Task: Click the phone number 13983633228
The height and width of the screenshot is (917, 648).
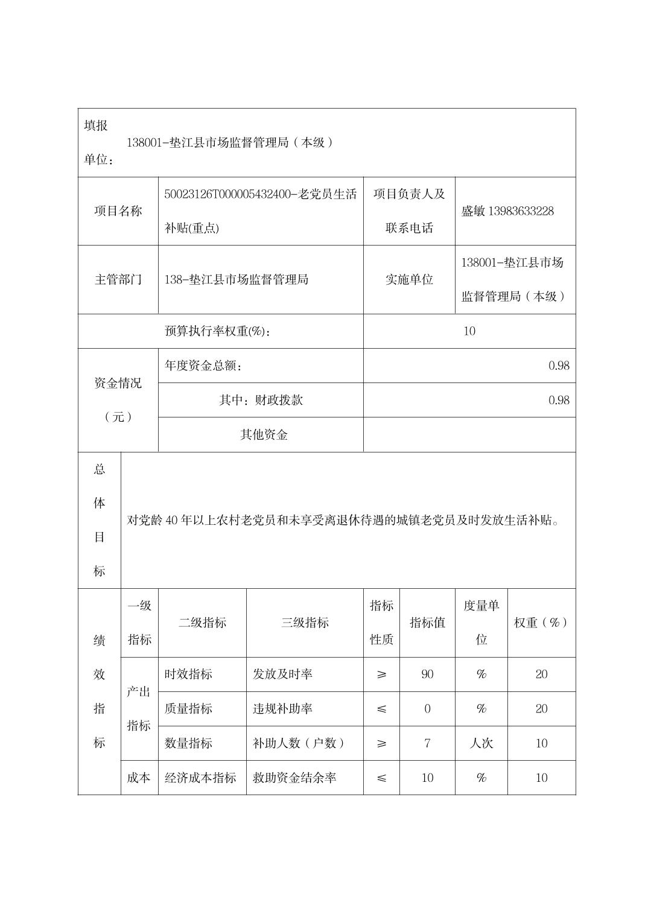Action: [x=521, y=211]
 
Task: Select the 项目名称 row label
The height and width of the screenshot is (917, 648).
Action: [x=118, y=211]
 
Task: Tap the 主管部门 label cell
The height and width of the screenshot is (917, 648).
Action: [x=118, y=279]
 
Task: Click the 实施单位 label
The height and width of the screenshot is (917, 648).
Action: [x=409, y=279]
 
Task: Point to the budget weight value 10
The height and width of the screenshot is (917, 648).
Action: [x=469, y=331]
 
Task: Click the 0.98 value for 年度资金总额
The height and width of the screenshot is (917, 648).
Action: [x=559, y=366]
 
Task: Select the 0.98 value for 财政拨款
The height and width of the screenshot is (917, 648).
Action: [x=559, y=400]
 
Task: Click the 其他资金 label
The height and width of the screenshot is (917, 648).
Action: [x=264, y=434]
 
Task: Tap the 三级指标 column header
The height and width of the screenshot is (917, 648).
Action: [x=305, y=623]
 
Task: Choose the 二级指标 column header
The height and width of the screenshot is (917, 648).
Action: [x=202, y=623]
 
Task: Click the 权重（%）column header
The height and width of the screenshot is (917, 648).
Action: [x=541, y=623]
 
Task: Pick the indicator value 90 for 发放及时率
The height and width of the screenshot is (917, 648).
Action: [x=427, y=674]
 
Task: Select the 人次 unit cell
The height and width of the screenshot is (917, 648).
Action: [x=481, y=743]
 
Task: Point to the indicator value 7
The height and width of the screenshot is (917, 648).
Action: [x=427, y=743]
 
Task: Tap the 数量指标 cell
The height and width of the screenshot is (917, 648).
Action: [x=188, y=743]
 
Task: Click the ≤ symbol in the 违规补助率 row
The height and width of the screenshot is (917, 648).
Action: [x=381, y=709]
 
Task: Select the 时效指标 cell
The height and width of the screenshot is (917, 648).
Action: [x=188, y=674]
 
